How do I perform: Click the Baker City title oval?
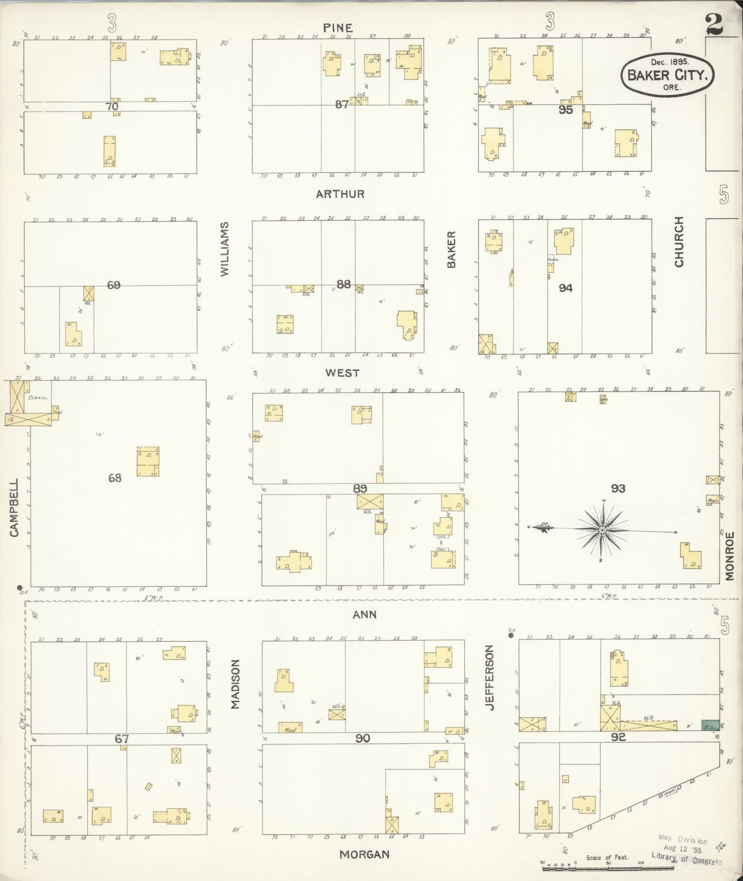[668, 75]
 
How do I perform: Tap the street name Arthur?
[340, 194]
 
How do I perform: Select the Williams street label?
[225, 249]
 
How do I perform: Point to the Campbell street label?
[14, 508]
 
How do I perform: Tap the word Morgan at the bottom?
[364, 854]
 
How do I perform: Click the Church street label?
[679, 242]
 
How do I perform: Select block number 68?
[115, 478]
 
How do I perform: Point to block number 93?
[618, 488]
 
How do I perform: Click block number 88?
[343, 284]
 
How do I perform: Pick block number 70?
[112, 106]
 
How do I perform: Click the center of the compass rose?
[602, 529]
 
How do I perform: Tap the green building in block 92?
[710, 725]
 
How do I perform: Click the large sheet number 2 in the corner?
[715, 24]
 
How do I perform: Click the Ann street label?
[365, 614]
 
